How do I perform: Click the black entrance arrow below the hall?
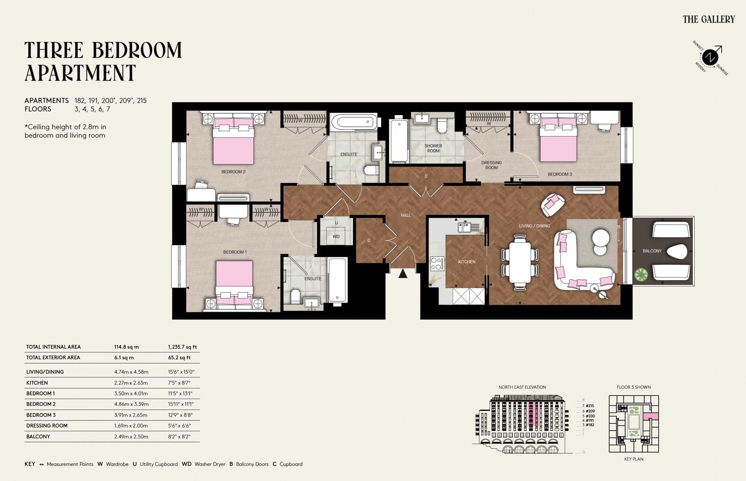(x=403, y=274)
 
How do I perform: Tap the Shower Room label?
(x=433, y=148)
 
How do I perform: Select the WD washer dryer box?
(x=336, y=236)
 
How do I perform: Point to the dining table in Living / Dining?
(x=520, y=262)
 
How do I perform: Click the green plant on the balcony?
(x=641, y=274)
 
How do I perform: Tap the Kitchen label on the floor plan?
(x=467, y=262)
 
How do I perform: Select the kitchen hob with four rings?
(x=437, y=263)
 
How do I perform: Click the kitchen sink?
(x=465, y=227)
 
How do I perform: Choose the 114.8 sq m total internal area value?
(x=127, y=347)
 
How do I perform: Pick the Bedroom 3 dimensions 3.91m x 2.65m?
(x=131, y=415)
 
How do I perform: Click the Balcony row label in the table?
(x=38, y=436)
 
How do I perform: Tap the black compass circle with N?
(x=710, y=58)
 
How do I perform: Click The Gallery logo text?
(x=709, y=19)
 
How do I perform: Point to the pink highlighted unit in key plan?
(x=651, y=416)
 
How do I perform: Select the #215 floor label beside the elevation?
(x=590, y=406)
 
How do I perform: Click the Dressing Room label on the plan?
(x=492, y=165)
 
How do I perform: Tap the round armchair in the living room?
(x=553, y=204)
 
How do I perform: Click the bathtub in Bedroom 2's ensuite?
(x=353, y=121)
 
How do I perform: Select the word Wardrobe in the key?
(x=117, y=464)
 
